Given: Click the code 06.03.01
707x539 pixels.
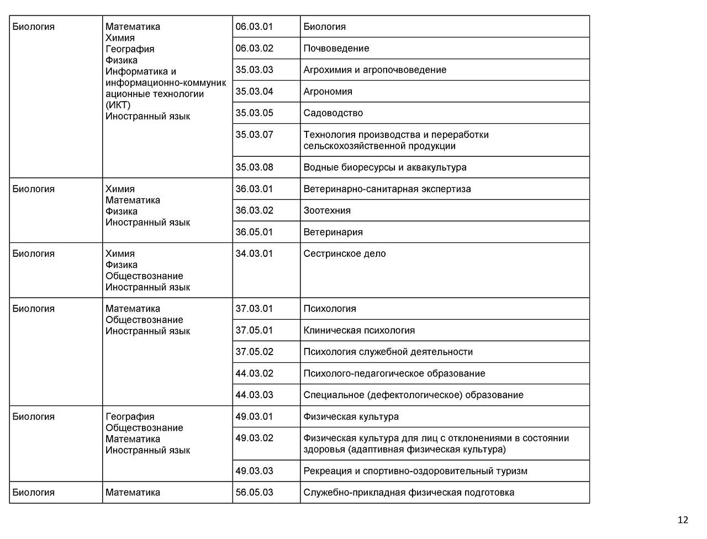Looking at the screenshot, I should [254, 27].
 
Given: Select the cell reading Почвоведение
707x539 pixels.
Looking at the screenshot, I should [336, 48].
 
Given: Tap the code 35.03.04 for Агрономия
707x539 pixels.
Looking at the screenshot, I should [254, 91].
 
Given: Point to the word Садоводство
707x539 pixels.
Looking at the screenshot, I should [333, 113].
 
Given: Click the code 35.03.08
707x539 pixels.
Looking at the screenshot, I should [254, 167].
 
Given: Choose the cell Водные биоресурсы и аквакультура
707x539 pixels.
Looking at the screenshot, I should [384, 167].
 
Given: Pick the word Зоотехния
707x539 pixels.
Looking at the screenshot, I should [327, 210].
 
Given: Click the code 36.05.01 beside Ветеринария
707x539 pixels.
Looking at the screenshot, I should [254, 232].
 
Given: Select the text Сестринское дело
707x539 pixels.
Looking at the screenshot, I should [345, 253].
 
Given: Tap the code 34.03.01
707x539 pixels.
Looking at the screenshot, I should [254, 253].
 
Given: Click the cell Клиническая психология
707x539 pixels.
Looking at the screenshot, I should [359, 330].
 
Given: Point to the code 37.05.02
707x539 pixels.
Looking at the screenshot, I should [254, 352].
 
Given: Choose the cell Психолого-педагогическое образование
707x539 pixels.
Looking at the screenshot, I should [394, 373].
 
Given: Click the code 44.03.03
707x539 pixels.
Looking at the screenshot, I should [254, 395].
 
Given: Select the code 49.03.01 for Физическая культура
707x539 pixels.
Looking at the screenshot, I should [254, 416].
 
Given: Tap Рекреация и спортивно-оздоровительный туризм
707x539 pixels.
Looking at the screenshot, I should [415, 471].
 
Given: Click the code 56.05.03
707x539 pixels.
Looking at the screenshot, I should [254, 492].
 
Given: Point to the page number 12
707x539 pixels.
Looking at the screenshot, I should [683, 520].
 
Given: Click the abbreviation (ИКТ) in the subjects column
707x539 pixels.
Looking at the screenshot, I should [118, 105].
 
